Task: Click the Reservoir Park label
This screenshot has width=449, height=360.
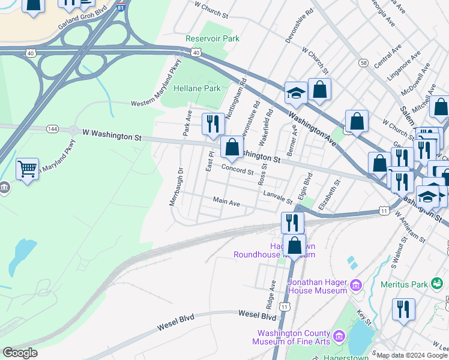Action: tap(212, 38)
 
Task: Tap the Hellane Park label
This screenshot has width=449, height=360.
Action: tap(197, 88)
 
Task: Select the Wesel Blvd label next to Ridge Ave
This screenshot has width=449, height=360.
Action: tap(257, 314)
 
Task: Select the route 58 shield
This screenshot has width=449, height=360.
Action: tap(363, 62)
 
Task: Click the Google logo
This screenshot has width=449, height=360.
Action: tap(19, 353)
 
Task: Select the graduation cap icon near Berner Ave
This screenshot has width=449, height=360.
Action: tap(296, 93)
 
